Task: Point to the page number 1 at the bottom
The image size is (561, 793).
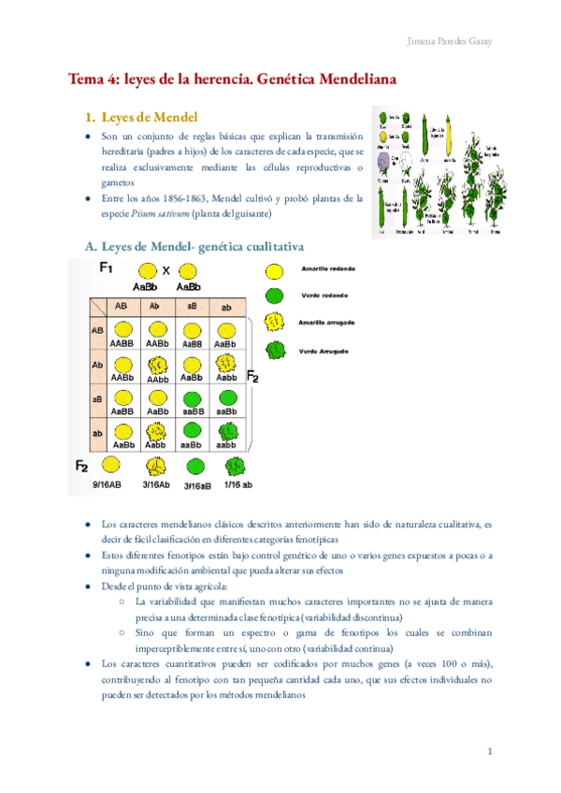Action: tap(490, 751)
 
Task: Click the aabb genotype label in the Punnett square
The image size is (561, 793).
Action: tap(224, 445)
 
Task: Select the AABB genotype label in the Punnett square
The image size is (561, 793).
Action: tap(122, 343)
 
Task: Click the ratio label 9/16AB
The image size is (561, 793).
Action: tap(110, 485)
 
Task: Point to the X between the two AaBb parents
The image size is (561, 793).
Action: tap(166, 272)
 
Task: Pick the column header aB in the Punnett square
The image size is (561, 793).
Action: tap(191, 307)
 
